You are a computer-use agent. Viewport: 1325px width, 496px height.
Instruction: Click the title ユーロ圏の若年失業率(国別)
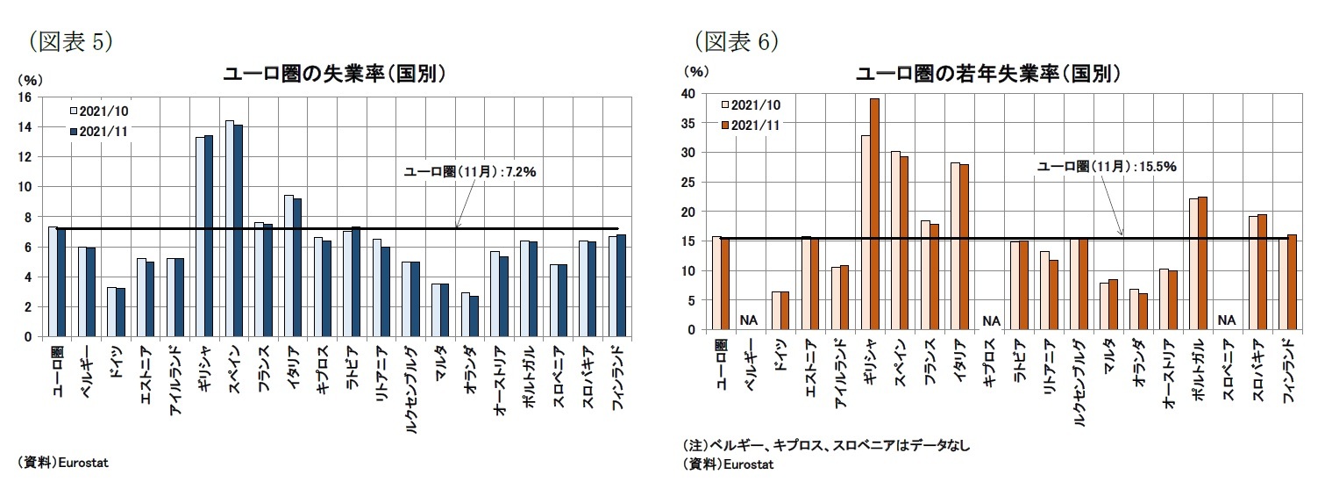tap(988, 74)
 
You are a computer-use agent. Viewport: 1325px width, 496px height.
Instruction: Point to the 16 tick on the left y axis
tap(25, 97)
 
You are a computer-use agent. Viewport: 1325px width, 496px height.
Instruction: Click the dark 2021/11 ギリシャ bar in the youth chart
tap(873, 214)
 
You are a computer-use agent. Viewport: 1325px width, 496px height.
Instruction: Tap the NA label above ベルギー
tap(747, 320)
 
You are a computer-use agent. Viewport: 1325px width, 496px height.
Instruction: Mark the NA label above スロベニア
tap(1226, 320)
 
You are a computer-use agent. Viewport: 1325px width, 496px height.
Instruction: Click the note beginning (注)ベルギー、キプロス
tap(826, 446)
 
